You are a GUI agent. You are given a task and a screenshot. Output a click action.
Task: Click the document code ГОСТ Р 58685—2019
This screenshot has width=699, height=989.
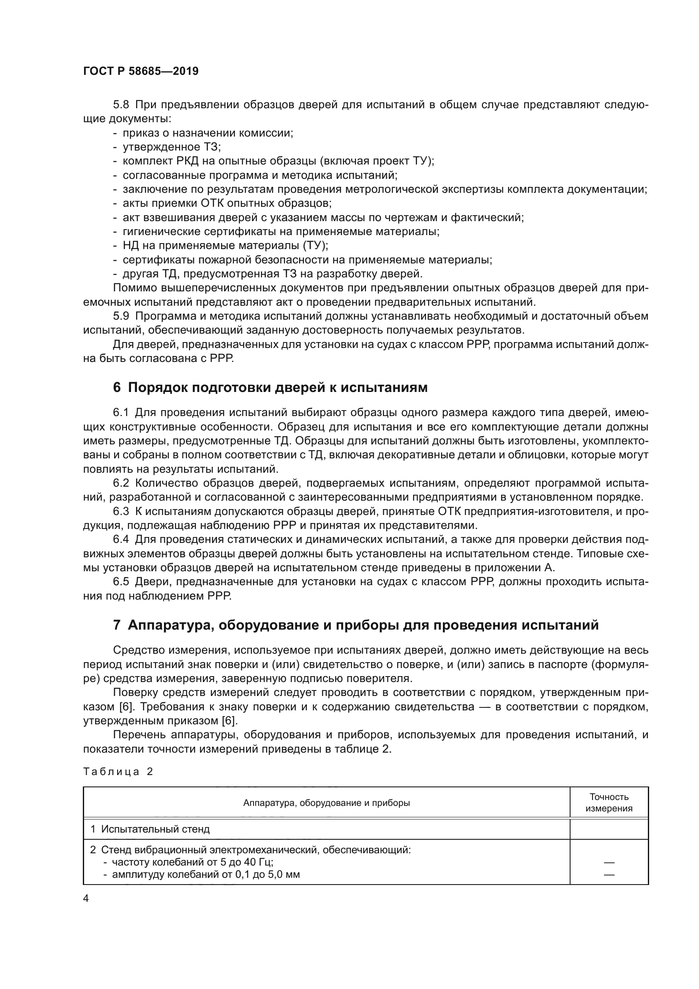coord(141,71)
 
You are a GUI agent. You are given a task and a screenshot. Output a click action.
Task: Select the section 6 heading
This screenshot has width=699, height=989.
coord(270,387)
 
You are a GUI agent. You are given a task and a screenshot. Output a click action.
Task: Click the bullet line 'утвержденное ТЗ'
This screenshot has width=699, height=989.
coord(171,147)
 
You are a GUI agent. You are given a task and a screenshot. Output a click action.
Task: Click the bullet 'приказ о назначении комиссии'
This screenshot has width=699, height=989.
coord(208,133)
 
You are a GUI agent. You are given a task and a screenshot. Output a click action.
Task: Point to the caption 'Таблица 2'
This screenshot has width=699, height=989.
coord(118,772)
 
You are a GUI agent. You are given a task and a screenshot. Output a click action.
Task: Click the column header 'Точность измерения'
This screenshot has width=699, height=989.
coord(609,803)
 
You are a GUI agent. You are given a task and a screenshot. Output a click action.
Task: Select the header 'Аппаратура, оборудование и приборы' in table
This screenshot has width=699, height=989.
coord(326,803)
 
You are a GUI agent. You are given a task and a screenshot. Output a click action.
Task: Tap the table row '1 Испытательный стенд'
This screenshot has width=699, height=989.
coord(150,829)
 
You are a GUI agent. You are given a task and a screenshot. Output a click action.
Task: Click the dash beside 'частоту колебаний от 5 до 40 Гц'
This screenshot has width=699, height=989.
coord(609,863)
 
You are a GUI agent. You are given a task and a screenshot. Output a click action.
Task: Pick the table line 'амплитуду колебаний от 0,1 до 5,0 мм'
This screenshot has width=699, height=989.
coord(206,874)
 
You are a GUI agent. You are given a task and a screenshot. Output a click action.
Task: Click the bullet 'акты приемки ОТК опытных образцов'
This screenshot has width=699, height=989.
coord(227,203)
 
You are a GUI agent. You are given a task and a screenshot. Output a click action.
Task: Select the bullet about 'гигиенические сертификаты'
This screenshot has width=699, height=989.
coord(281,231)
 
